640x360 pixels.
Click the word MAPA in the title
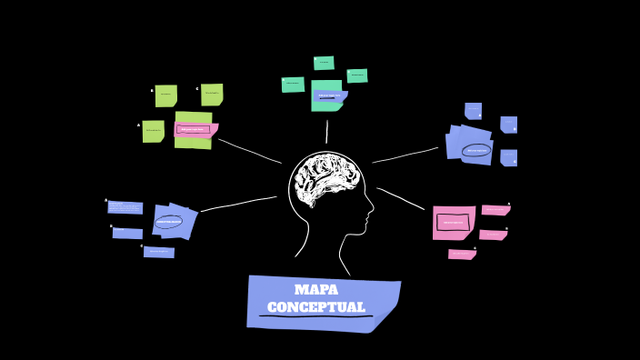[x=315, y=290]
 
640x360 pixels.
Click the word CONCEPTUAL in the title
[x=315, y=307]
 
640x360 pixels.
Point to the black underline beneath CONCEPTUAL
[x=315, y=316]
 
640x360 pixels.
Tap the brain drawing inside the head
[x=325, y=177]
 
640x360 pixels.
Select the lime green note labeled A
[x=153, y=131]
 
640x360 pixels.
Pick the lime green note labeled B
[x=165, y=95]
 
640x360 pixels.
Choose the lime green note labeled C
[x=212, y=94]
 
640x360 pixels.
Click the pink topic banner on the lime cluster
[x=194, y=129]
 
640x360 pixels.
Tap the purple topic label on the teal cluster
[x=330, y=95]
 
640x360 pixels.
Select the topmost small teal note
[x=324, y=63]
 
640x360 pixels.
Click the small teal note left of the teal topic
[x=293, y=85]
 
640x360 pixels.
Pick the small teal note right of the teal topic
[x=357, y=75]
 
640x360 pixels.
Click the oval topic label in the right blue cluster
[x=476, y=150]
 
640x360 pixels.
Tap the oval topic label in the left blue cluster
[x=169, y=221]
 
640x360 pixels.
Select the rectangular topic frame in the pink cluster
[x=453, y=222]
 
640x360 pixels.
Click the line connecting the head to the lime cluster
[x=249, y=151]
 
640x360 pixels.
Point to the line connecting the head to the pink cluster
[x=401, y=198]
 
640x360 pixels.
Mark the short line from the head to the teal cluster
[x=326, y=132]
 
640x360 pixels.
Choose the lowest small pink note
[x=462, y=255]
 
